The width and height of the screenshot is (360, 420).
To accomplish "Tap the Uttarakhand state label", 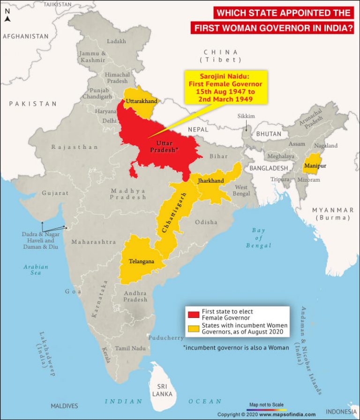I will pyautogui.click(x=141, y=101).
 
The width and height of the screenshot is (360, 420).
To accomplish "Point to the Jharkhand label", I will pyautogui.click(x=210, y=180).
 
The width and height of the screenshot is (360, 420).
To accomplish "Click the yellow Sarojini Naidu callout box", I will pyautogui.click(x=225, y=87).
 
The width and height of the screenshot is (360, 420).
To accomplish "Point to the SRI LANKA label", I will pyautogui.click(x=162, y=390).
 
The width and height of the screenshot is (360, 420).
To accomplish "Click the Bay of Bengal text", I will pyautogui.click(x=258, y=237).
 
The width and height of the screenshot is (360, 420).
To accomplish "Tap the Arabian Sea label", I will pyautogui.click(x=36, y=270).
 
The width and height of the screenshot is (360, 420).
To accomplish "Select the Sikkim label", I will pyautogui.click(x=246, y=116).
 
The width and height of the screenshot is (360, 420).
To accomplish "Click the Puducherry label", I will pyautogui.click(x=166, y=338).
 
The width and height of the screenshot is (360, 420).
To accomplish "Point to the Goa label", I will pyautogui.click(x=73, y=291).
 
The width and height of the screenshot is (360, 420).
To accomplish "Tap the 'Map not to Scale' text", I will pyautogui.click(x=266, y=404).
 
